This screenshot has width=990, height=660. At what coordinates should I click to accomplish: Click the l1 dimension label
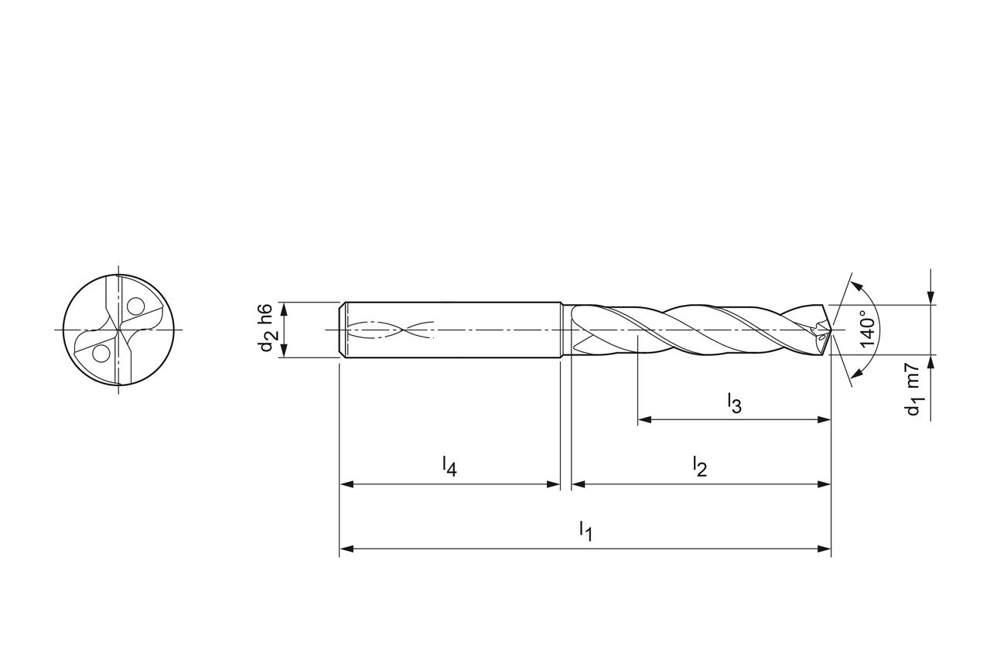click(x=585, y=532)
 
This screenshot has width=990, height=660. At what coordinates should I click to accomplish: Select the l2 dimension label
click(x=700, y=467)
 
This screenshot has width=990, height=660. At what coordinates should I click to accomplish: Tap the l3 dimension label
click(x=735, y=403)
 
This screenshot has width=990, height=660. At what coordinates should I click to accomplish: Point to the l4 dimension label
click(x=449, y=467)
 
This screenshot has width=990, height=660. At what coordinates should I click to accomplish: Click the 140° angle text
click(x=868, y=330)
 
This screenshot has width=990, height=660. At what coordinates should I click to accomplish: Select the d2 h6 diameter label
click(x=269, y=327)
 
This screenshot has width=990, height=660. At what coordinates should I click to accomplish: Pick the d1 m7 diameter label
click(x=913, y=389)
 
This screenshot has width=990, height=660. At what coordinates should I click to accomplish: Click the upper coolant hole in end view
click(x=135, y=306)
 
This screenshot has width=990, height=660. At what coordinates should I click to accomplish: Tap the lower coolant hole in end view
click(x=101, y=354)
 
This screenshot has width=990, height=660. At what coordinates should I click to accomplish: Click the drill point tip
click(x=831, y=330)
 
